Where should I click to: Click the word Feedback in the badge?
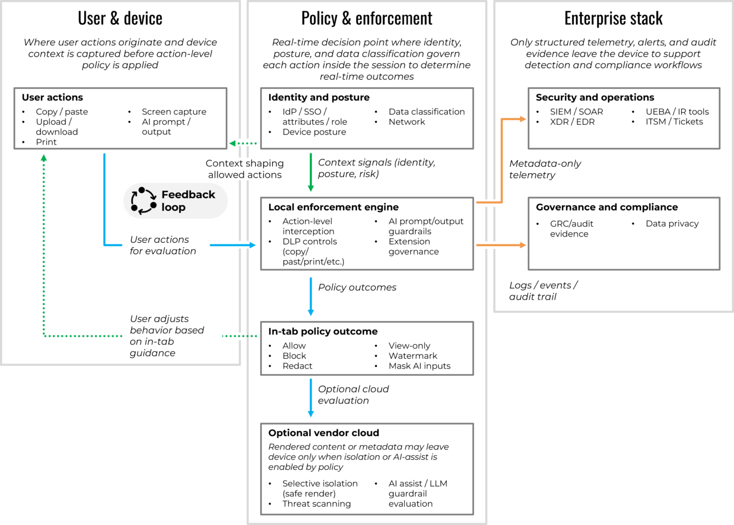(188, 195)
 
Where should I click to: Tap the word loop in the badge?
(173, 208)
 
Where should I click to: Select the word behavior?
(150, 330)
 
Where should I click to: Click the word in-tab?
(159, 342)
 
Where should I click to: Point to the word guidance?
(152, 353)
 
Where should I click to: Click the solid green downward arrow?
(310, 173)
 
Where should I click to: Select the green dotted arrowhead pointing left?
(233, 143)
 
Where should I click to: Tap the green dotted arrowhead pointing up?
(44, 158)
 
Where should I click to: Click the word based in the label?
(192, 330)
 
